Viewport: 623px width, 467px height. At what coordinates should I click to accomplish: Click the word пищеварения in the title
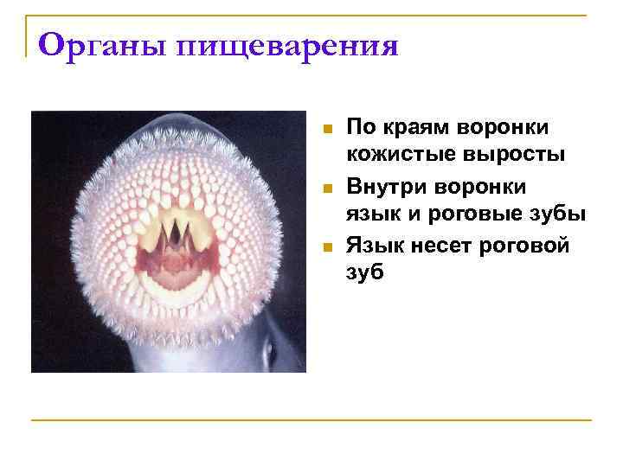pyautogui.click(x=288, y=46)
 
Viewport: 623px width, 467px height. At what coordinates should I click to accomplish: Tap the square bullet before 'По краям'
pyautogui.click(x=327, y=130)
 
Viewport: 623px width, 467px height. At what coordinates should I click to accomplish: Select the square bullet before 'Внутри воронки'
pyautogui.click(x=327, y=189)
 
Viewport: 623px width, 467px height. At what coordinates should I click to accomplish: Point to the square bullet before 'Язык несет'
pyautogui.click(x=327, y=247)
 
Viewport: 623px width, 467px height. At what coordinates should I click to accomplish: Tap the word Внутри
pyautogui.click(x=386, y=186)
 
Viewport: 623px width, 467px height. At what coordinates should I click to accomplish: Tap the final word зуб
pyautogui.click(x=365, y=274)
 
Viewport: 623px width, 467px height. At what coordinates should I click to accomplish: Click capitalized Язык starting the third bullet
pyautogui.click(x=374, y=246)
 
